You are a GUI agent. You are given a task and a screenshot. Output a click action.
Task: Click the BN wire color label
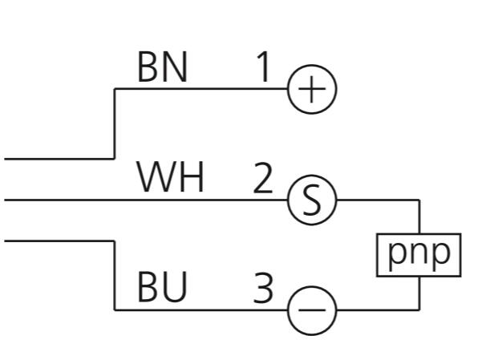[x=163, y=67]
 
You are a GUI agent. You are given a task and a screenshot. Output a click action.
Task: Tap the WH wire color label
[x=170, y=176]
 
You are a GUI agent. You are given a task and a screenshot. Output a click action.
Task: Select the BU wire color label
[x=162, y=287]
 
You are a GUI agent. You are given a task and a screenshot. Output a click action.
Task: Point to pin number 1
[x=263, y=67]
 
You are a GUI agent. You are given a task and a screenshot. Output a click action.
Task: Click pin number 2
[x=263, y=178]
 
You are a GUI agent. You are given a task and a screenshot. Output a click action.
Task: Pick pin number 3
[x=263, y=288]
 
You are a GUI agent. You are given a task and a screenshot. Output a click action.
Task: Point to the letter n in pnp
[x=419, y=253]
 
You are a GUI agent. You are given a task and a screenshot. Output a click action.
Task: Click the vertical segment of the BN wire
[x=115, y=123]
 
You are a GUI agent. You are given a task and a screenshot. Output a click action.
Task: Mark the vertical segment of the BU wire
[x=115, y=275]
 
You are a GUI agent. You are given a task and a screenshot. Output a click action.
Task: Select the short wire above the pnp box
[x=419, y=216]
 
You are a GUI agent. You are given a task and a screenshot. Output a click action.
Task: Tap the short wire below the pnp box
[x=419, y=293]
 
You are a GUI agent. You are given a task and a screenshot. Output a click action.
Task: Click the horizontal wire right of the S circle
[x=378, y=200]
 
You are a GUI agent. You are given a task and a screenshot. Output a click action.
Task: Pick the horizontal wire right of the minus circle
[x=378, y=310]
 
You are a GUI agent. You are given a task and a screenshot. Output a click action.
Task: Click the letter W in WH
[x=156, y=176]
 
